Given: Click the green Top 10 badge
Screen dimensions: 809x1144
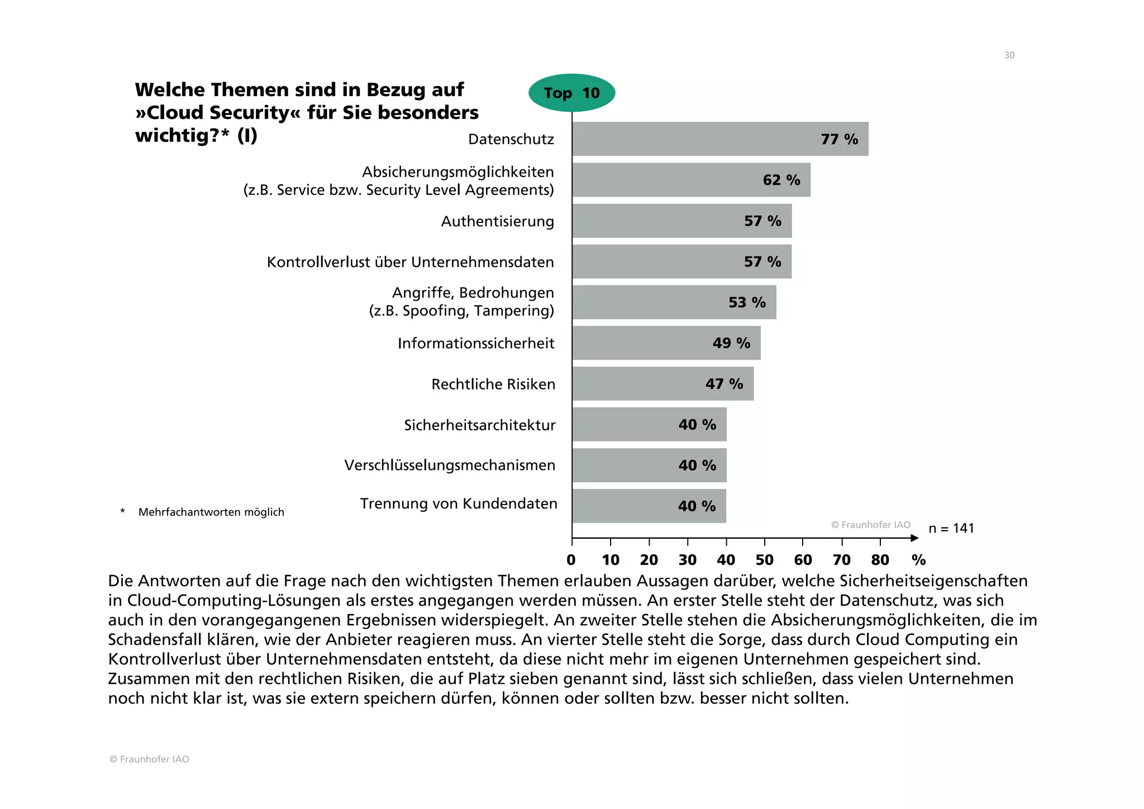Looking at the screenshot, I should click(x=571, y=93).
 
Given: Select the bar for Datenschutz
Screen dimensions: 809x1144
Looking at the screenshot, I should click(x=719, y=139).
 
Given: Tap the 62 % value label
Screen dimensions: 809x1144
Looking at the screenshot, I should click(x=781, y=180).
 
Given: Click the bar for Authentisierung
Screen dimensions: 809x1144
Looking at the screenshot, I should click(x=681, y=221).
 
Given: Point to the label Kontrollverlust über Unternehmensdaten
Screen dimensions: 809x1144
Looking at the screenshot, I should click(x=410, y=262).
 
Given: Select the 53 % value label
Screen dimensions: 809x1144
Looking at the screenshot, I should click(x=747, y=302).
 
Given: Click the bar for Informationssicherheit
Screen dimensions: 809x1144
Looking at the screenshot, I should click(x=666, y=343).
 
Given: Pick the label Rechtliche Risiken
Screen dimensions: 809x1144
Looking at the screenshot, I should click(x=493, y=384).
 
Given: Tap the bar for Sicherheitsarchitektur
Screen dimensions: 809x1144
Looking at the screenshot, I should click(x=649, y=425).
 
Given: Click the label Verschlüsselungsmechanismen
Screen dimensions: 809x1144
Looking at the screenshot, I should click(x=450, y=465).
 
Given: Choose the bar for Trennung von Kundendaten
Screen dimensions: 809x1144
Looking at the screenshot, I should click(x=649, y=506).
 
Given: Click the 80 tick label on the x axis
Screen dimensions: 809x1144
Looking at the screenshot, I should click(x=880, y=560).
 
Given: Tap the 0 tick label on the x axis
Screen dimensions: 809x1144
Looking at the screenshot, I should click(x=571, y=560).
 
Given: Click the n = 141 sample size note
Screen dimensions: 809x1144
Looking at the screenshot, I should click(x=951, y=529).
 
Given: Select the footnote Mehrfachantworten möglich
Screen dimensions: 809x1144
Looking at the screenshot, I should click(x=211, y=512).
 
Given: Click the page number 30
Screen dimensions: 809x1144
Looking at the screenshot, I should click(x=1009, y=55).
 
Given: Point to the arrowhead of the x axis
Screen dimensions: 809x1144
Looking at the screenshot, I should click(x=914, y=538).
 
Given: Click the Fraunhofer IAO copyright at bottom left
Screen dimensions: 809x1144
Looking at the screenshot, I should click(x=149, y=759).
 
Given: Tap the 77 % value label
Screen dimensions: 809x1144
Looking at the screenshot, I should click(x=839, y=139).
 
